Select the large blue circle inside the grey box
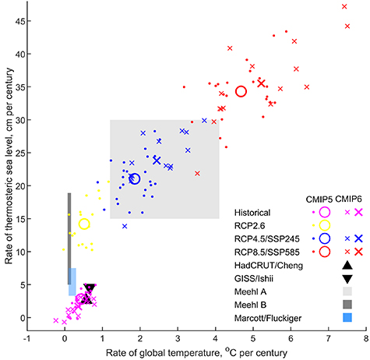click(x=134, y=178)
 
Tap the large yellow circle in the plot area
click(x=84, y=224)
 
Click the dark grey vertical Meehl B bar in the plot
click(x=69, y=238)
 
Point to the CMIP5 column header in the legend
click(x=316, y=199)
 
